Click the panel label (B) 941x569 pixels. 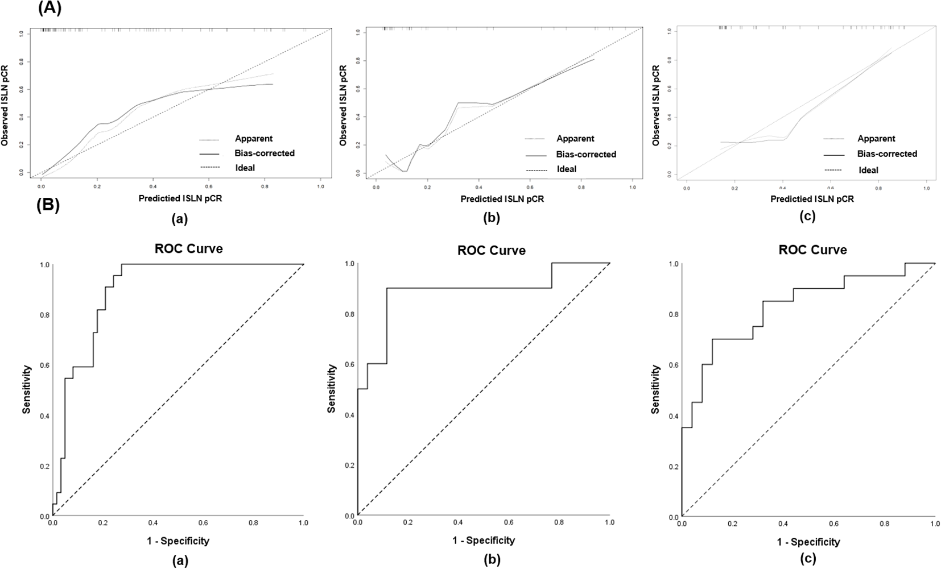(x=48, y=205)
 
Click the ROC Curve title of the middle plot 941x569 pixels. (x=491, y=251)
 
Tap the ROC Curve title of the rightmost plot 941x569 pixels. (x=812, y=250)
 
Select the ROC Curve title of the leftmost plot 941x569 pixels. (x=188, y=248)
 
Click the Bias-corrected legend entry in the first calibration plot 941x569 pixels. (x=265, y=153)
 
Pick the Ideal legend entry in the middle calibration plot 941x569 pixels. (x=566, y=169)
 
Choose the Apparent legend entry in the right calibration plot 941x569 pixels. (x=876, y=139)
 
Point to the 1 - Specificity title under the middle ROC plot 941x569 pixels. (x=484, y=541)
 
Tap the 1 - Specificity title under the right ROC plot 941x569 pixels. (x=808, y=542)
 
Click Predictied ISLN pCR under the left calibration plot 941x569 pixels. (x=180, y=198)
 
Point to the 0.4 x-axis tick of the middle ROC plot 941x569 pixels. (x=458, y=523)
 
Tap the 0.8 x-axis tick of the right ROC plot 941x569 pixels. (x=884, y=524)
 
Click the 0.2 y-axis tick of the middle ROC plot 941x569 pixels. (x=348, y=466)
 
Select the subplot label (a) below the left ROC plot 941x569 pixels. (x=180, y=560)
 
